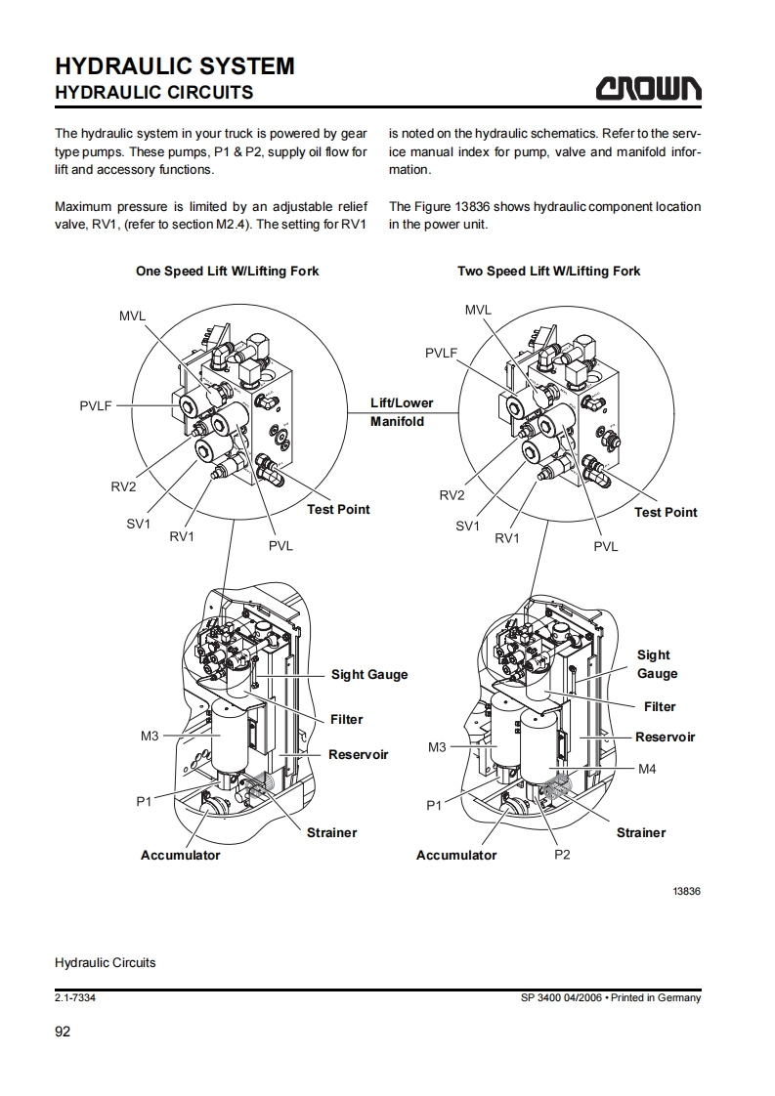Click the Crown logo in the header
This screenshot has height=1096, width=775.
pyautogui.click(x=649, y=89)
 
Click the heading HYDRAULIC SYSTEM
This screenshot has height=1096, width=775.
pyautogui.click(x=175, y=66)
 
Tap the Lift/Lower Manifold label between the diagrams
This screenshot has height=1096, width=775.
pyautogui.click(x=401, y=412)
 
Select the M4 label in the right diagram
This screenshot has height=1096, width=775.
pyautogui.click(x=646, y=769)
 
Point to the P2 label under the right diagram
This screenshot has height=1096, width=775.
pyautogui.click(x=562, y=854)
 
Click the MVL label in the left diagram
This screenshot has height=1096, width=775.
pyautogui.click(x=132, y=316)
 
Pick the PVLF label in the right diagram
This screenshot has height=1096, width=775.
pyautogui.click(x=441, y=353)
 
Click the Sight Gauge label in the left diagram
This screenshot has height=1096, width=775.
pyautogui.click(x=369, y=674)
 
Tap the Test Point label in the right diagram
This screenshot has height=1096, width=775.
pyautogui.click(x=666, y=512)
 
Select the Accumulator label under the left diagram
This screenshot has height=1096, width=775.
pyautogui.click(x=180, y=855)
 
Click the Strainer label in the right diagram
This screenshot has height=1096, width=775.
pyautogui.click(x=640, y=832)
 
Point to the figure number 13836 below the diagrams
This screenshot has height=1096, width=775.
pyautogui.click(x=686, y=891)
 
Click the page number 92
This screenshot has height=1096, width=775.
pyautogui.click(x=63, y=1032)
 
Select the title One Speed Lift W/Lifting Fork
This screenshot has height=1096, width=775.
pyautogui.click(x=227, y=271)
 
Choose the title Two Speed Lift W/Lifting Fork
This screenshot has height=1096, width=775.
pyautogui.click(x=548, y=271)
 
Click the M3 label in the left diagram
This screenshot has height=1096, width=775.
pyautogui.click(x=149, y=736)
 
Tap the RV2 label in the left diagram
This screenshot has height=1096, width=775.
pyautogui.click(x=123, y=486)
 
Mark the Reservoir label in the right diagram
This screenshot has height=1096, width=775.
pyautogui.click(x=665, y=737)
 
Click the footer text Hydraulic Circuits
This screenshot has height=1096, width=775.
pyautogui.click(x=105, y=962)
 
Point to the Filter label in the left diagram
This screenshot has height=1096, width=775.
pyautogui.click(x=346, y=719)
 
